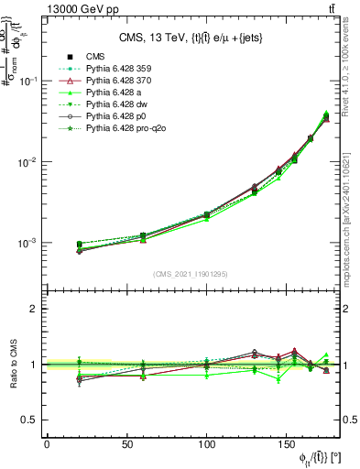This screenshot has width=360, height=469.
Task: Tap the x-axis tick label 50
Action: tap(126, 445)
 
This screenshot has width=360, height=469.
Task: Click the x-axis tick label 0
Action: tap(47, 445)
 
